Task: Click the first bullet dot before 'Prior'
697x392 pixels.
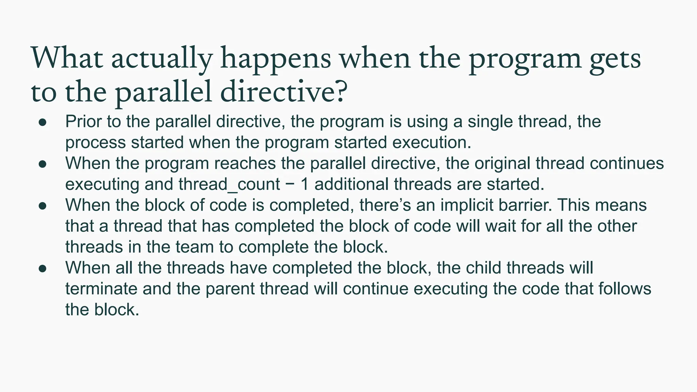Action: (x=42, y=122)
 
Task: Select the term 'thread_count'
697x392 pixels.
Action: (x=229, y=184)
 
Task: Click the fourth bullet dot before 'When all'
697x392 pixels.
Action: (x=42, y=268)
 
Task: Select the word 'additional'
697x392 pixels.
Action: (x=352, y=184)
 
